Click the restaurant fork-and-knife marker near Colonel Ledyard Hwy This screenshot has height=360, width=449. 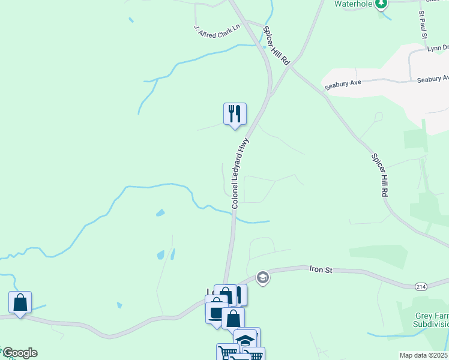click(x=235, y=114)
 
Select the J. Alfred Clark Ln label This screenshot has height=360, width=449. click(x=217, y=28)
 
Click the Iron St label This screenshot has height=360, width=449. click(x=321, y=271)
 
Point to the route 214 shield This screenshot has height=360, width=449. click(x=420, y=286)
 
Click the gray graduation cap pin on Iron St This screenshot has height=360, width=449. click(x=262, y=277)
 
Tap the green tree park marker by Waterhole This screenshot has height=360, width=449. click(x=380, y=4)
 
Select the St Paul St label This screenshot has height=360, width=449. click(x=423, y=25)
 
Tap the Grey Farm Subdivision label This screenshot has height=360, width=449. click(x=432, y=320)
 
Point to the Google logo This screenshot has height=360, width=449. click(x=19, y=353)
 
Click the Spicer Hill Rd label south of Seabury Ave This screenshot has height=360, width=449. click(x=379, y=175)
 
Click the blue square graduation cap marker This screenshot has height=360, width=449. click(x=246, y=340)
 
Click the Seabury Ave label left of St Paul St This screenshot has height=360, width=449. click(x=343, y=83)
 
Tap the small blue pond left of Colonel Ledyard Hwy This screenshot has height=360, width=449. click(x=160, y=212)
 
